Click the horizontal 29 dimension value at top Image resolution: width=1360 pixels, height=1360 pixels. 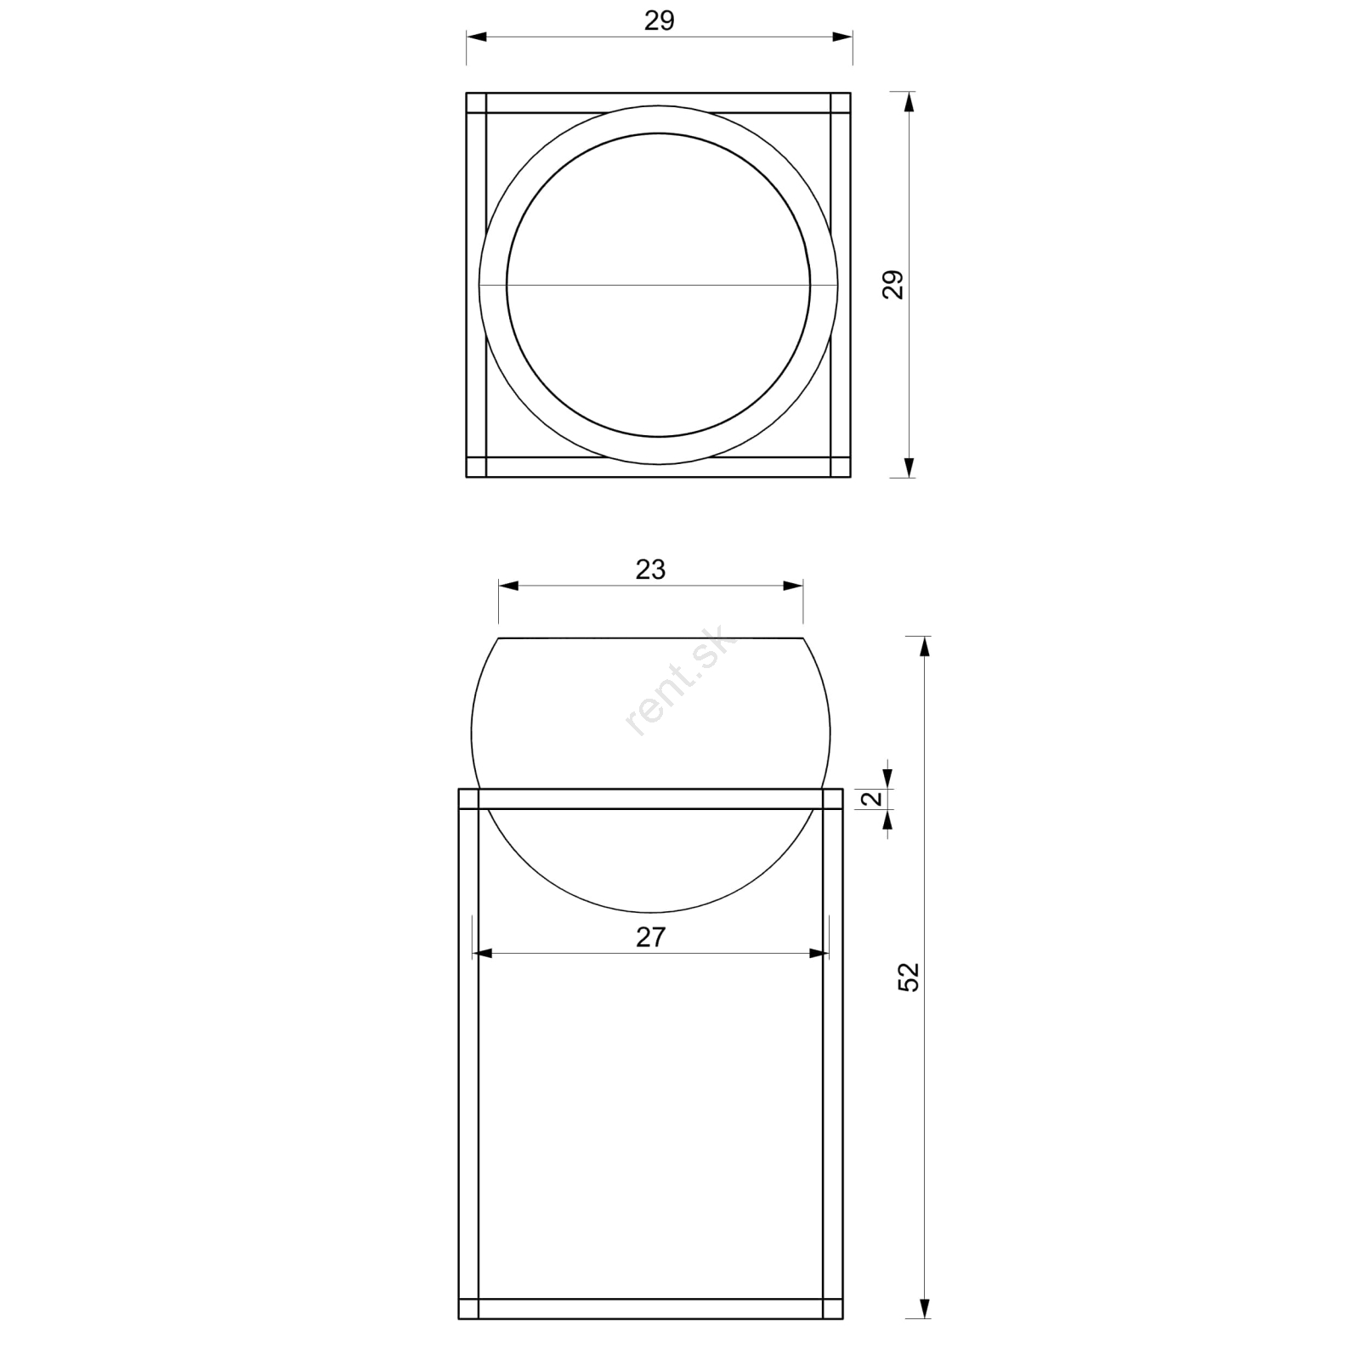coord(659,21)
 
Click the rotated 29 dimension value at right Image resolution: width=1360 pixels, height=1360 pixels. coord(892,285)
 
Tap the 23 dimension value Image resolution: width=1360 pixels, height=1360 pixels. coord(650,569)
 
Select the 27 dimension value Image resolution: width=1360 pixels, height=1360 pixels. coord(650,938)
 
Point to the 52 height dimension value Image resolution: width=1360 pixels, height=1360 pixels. coord(909,977)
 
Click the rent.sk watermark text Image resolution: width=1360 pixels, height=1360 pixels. coord(680,684)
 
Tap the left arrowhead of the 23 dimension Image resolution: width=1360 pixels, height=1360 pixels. coord(508,586)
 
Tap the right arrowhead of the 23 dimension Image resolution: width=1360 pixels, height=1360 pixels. coord(793,586)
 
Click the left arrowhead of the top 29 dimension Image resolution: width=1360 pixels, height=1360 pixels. coord(477,37)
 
